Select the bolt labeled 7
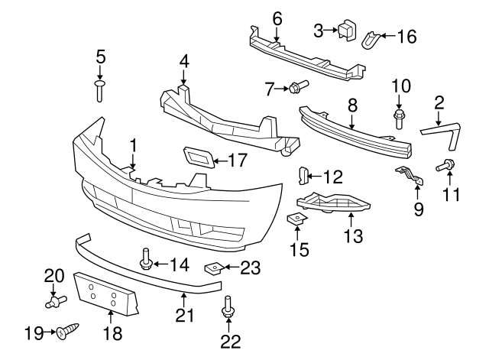click(x=297, y=87)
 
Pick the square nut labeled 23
click(x=214, y=268)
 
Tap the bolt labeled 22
click(x=227, y=312)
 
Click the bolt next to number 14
click(x=145, y=261)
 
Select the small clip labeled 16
click(x=371, y=36)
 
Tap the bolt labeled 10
click(x=398, y=118)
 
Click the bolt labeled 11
click(x=445, y=164)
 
